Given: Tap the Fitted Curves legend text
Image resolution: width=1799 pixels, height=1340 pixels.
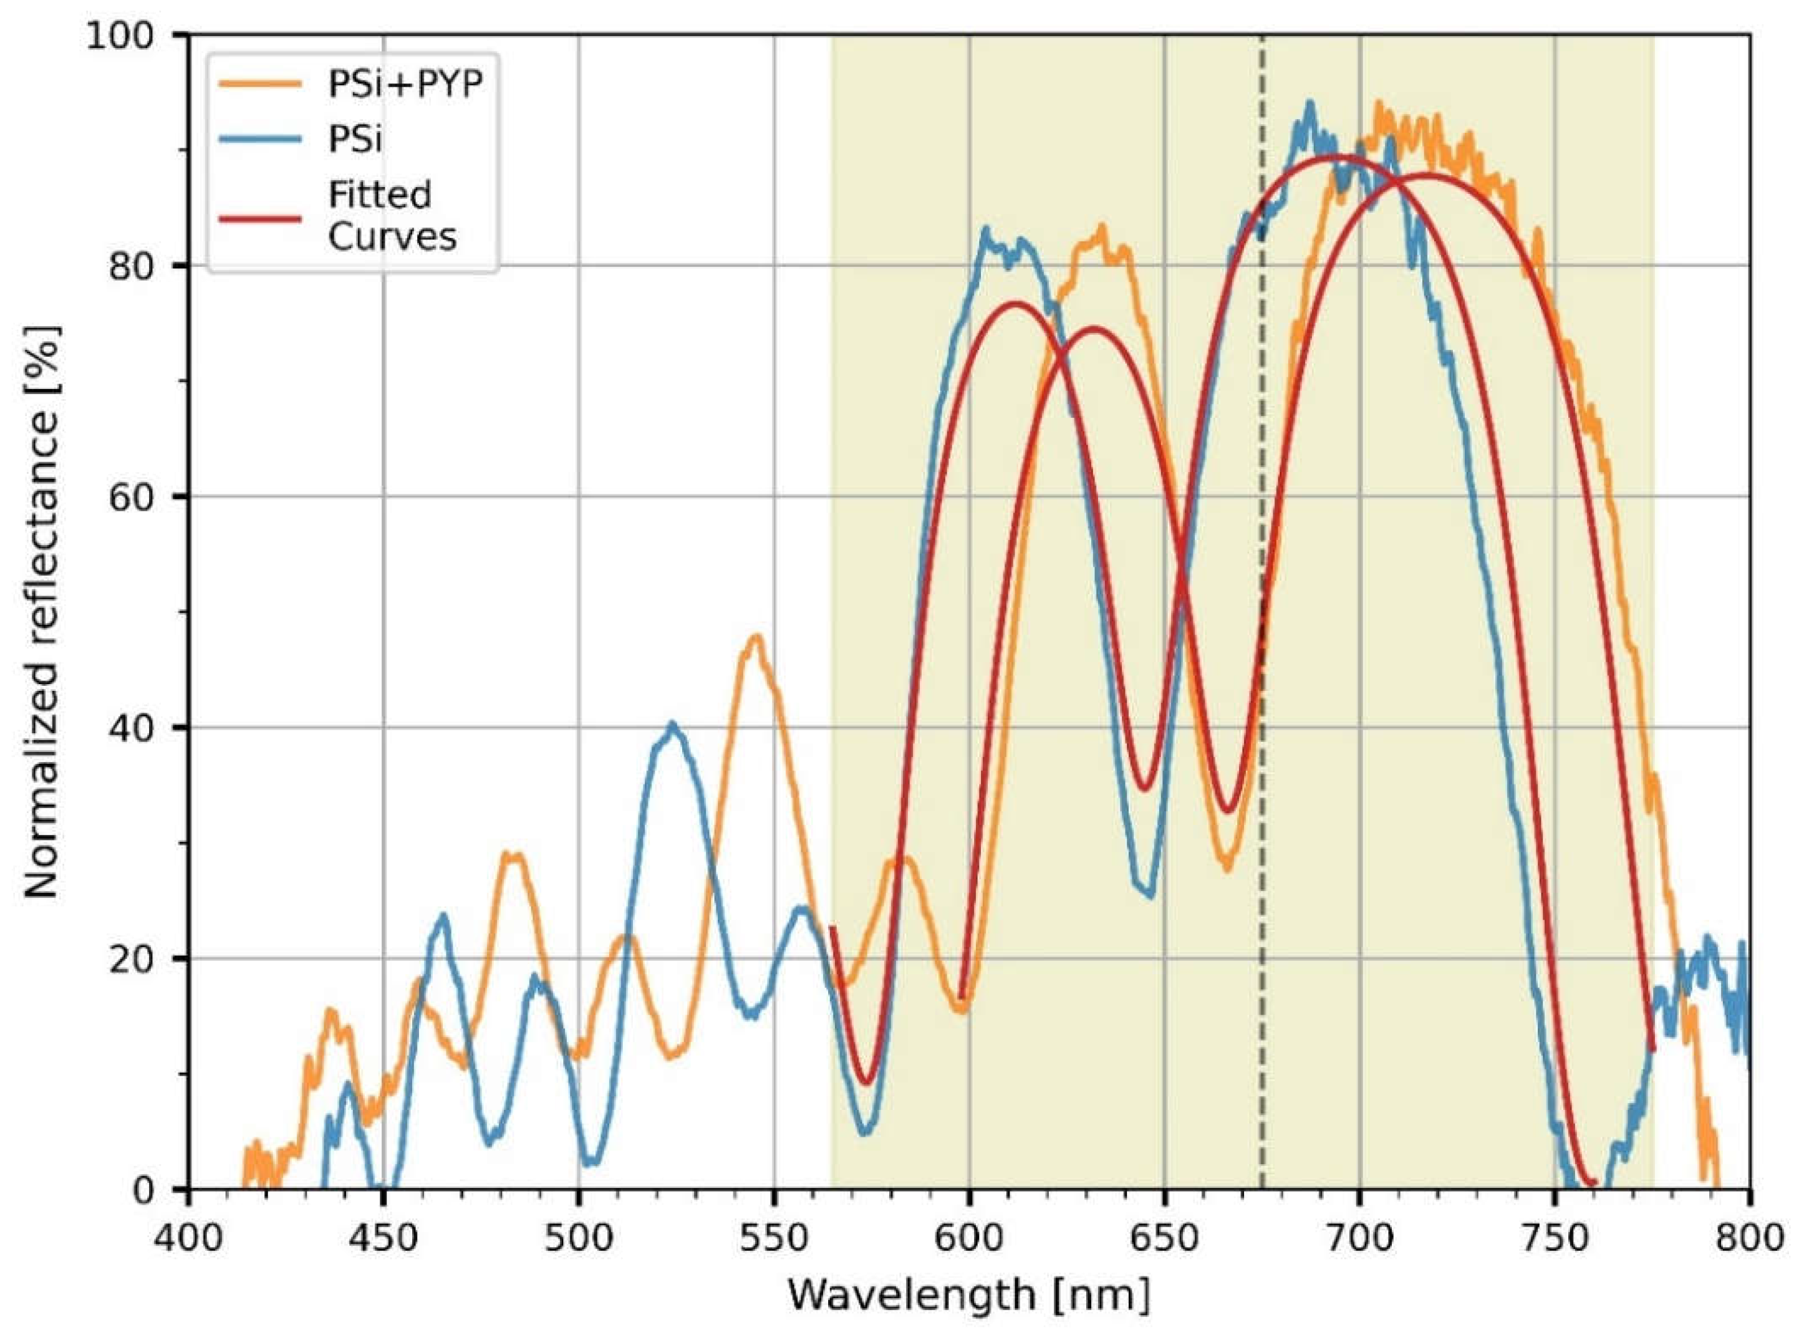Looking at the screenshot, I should pos(392,216).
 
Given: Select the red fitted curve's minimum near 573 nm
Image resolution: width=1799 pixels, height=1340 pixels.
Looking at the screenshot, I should pos(866,1082).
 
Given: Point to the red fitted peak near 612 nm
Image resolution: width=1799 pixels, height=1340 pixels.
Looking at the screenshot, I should pos(1016,304).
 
